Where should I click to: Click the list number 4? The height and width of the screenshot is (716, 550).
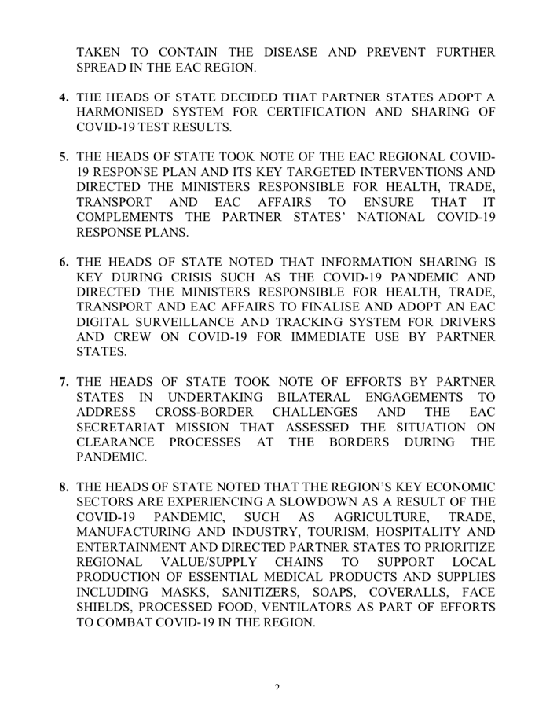tap(64, 97)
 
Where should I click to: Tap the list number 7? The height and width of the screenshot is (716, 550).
tap(64, 382)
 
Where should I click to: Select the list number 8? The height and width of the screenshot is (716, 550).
tap(64, 487)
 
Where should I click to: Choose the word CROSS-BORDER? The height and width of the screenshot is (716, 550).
tap(204, 412)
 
